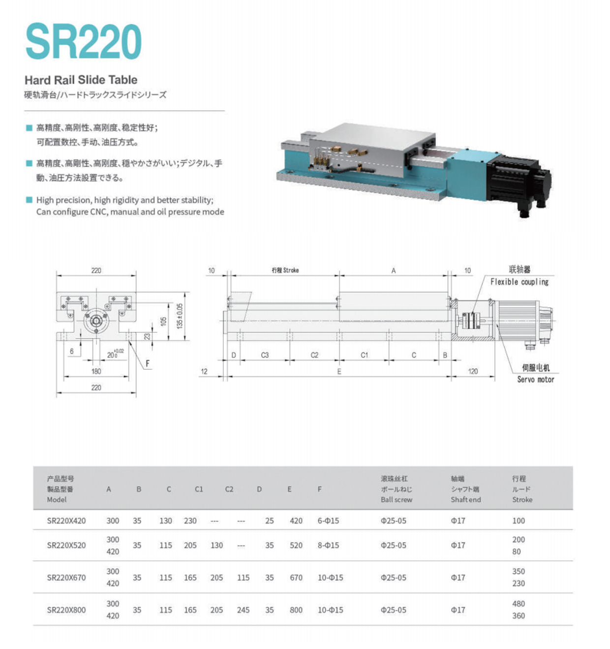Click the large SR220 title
[84, 41]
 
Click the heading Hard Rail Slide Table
[81, 80]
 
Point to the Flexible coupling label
[519, 282]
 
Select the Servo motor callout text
[536, 379]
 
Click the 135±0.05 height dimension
[180, 316]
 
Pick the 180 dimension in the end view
[96, 371]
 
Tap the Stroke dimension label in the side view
[285, 270]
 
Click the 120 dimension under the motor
[473, 371]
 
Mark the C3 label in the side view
[265, 355]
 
